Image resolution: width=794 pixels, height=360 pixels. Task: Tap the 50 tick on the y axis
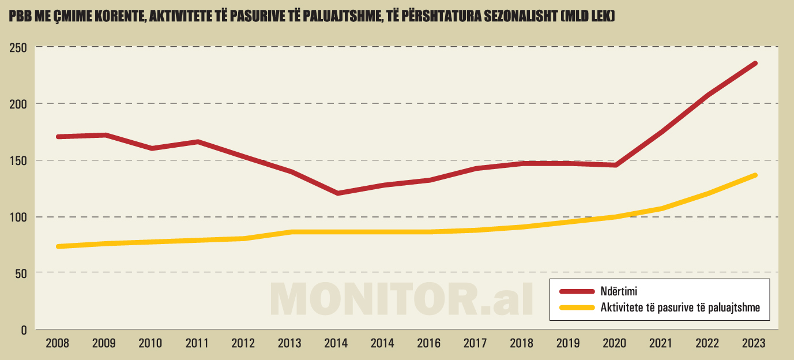(x=21, y=273)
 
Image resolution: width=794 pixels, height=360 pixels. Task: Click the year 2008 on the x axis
(x=57, y=343)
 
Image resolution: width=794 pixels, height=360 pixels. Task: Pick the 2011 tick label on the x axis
(x=197, y=343)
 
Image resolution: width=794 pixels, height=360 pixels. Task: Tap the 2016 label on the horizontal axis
(x=429, y=343)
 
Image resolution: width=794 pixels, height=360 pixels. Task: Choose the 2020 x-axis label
(x=615, y=343)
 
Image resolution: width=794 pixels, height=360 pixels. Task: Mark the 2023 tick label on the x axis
(x=754, y=343)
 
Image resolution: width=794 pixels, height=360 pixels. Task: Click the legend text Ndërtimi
(x=619, y=291)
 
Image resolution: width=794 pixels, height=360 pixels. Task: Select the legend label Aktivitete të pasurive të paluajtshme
(x=680, y=307)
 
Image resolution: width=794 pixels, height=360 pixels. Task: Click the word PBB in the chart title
(x=20, y=17)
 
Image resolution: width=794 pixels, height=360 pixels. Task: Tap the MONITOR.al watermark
(x=402, y=298)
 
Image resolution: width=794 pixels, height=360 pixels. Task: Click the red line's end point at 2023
(x=755, y=63)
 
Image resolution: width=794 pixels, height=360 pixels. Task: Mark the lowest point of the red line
(x=337, y=193)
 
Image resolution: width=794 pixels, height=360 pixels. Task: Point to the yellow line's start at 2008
(x=58, y=246)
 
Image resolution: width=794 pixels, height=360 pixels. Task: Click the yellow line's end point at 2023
(x=755, y=175)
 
